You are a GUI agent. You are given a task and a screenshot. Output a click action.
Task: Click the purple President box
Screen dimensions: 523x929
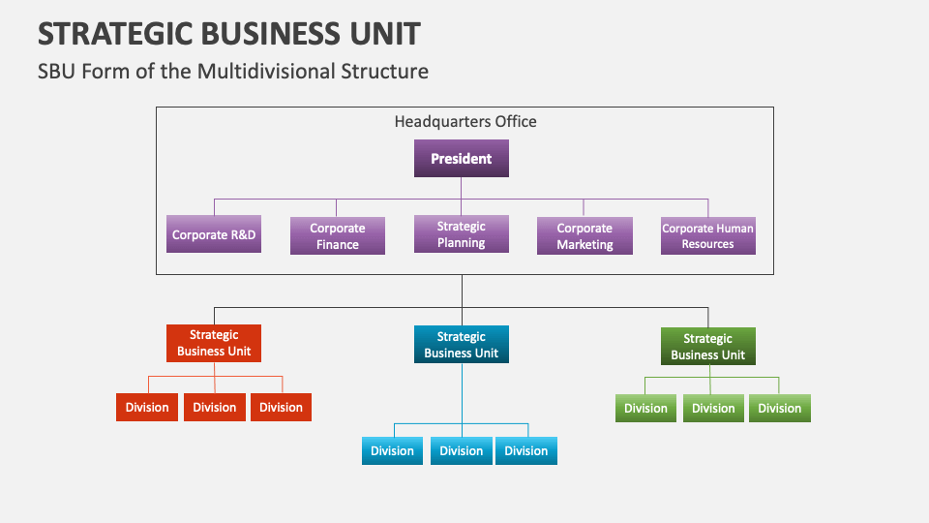[x=462, y=159]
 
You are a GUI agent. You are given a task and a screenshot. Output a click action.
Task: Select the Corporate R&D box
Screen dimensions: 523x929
[x=214, y=234]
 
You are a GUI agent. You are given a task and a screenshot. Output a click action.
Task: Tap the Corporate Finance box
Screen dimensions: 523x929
[x=338, y=236]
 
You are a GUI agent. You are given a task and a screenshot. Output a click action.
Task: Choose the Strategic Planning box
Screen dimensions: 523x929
[x=462, y=234]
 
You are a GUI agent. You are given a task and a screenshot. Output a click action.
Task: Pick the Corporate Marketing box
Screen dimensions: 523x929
[x=584, y=236]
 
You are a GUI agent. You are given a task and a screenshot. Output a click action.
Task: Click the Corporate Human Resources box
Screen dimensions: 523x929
[x=707, y=236]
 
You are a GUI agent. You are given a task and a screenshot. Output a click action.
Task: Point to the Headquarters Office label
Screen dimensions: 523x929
[x=465, y=122]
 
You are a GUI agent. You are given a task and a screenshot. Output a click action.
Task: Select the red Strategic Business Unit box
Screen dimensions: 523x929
[x=214, y=344]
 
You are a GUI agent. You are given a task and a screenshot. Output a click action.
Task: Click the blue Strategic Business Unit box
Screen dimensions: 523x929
[x=462, y=345]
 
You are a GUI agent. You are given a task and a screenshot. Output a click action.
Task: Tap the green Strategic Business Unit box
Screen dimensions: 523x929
[x=707, y=347]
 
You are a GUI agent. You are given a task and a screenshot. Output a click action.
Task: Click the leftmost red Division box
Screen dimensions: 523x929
[x=147, y=408]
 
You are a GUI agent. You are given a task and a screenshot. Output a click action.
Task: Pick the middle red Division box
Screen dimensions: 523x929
[x=215, y=408]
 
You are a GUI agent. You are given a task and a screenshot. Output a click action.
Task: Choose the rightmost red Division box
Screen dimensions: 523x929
[x=281, y=408]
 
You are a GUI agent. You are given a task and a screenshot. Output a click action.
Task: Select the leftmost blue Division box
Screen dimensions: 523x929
[x=393, y=451]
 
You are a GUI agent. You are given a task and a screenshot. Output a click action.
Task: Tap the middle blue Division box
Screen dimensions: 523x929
[x=462, y=451]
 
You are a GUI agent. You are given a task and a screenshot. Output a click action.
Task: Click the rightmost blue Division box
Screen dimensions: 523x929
[x=526, y=451]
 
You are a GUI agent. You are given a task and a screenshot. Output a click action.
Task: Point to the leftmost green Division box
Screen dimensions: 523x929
[x=645, y=409]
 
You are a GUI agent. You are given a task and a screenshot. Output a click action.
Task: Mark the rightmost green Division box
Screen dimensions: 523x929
[x=780, y=409]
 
